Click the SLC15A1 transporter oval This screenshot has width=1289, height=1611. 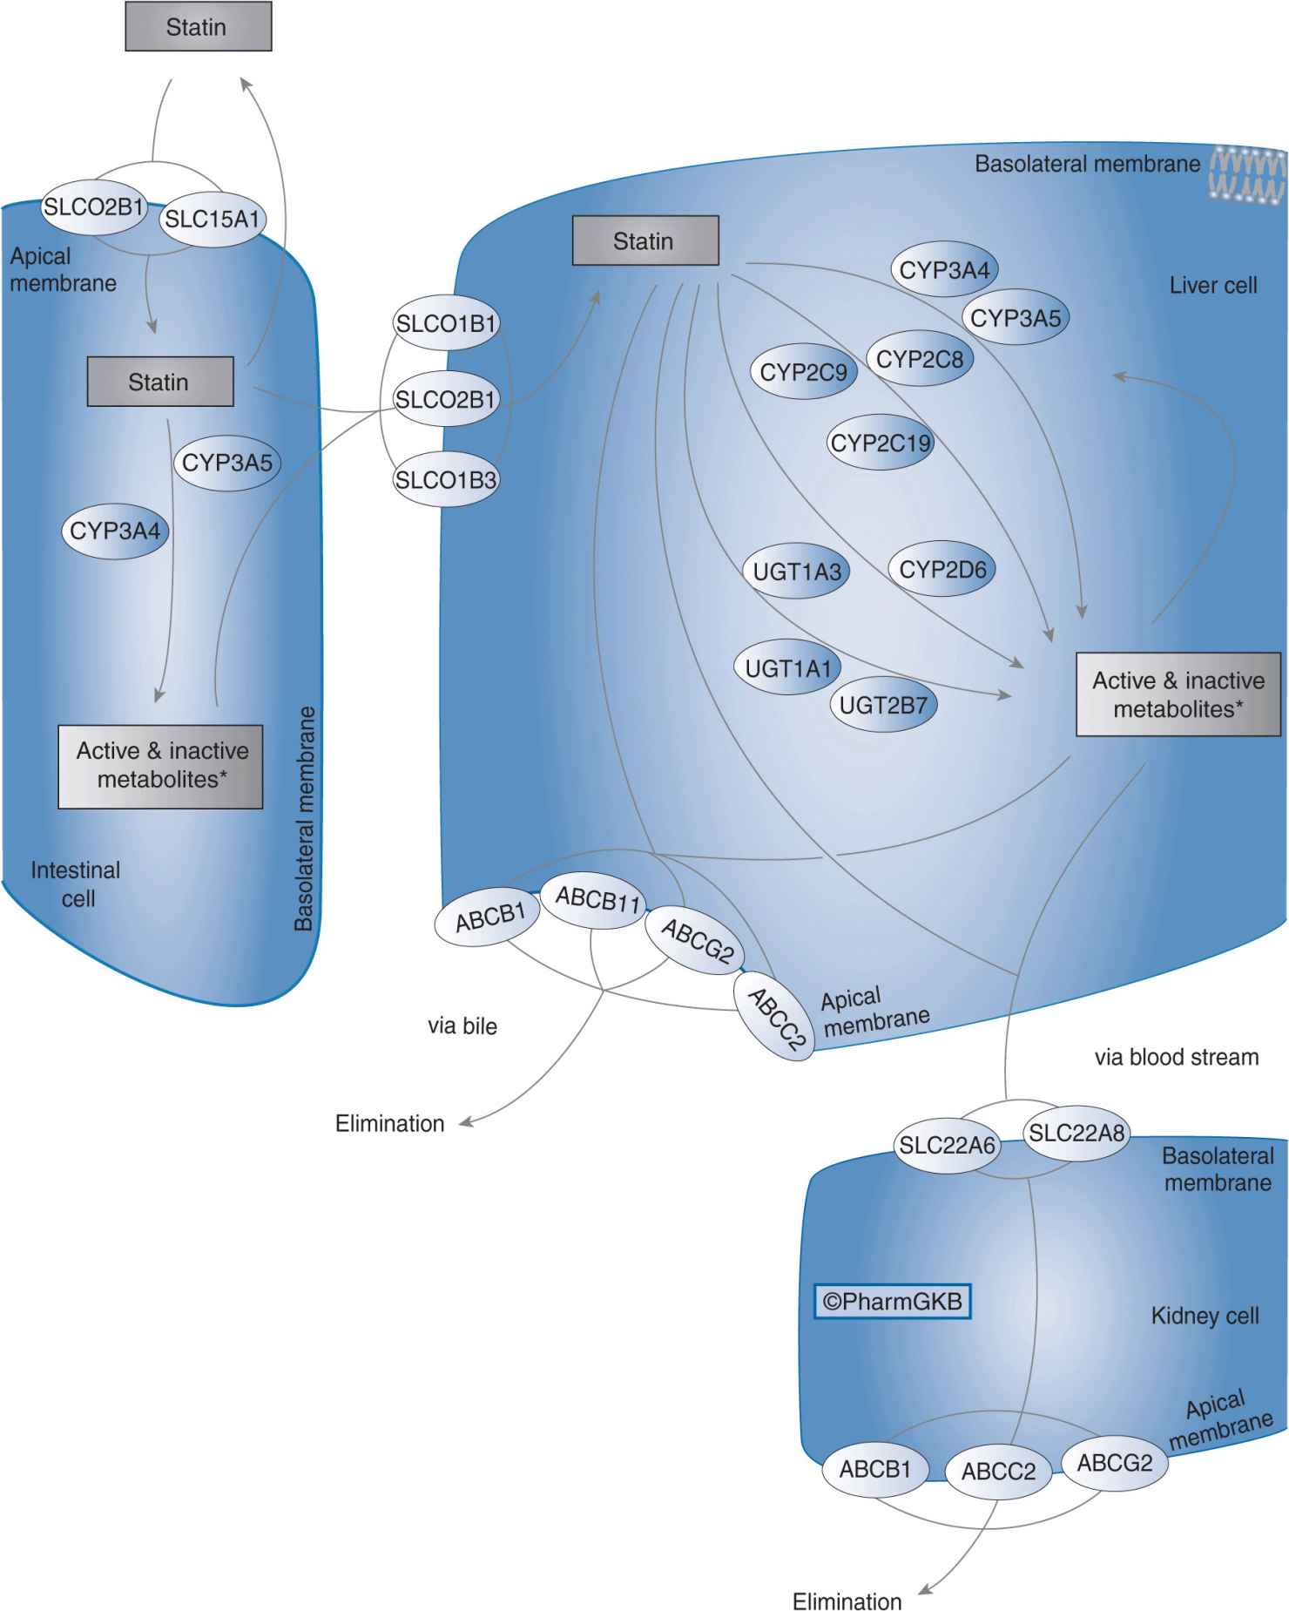[213, 219]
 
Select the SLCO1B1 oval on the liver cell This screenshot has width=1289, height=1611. [446, 323]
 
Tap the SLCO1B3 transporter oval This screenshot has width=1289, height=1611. [446, 479]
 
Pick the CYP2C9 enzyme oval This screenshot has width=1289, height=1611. [803, 373]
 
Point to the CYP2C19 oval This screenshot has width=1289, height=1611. [881, 443]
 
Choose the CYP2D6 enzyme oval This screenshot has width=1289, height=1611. [942, 570]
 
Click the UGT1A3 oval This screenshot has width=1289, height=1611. [797, 572]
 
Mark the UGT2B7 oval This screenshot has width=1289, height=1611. [883, 705]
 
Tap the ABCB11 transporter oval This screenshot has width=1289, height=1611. [597, 898]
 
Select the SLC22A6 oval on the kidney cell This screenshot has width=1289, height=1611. [947, 1145]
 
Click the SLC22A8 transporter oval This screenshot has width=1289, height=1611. [1076, 1133]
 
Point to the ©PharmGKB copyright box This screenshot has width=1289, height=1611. [892, 1301]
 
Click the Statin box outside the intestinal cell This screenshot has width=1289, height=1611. [198, 27]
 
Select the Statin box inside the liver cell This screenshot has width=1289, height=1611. [644, 240]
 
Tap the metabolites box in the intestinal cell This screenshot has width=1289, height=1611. [161, 766]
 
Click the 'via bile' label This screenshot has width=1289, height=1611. [462, 1026]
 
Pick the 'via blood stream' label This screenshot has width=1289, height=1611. [1176, 1057]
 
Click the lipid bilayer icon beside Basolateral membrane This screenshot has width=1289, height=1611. [1248, 174]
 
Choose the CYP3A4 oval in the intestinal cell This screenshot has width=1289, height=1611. [114, 531]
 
